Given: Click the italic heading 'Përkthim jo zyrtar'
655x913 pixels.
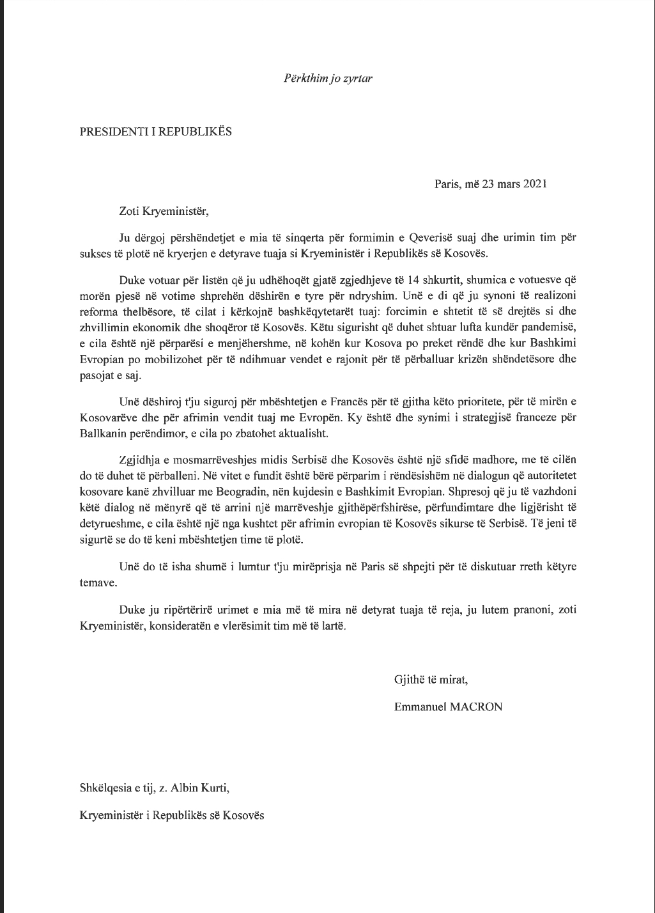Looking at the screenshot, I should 328,79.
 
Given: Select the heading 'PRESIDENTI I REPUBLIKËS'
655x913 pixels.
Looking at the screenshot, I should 155,132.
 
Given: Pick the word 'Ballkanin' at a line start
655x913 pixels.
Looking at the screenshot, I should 102,433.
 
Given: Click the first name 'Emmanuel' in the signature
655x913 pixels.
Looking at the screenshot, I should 419,707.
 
